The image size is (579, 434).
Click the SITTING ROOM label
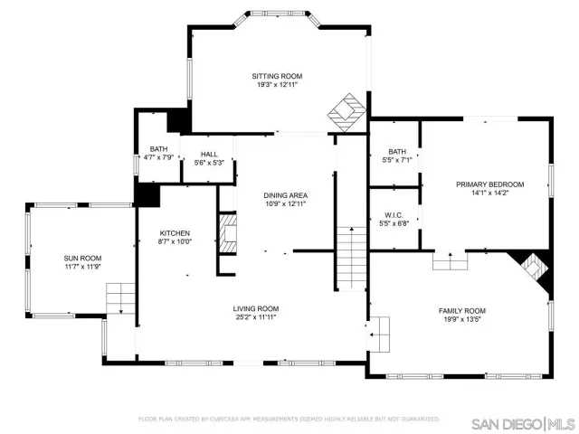point(277,76)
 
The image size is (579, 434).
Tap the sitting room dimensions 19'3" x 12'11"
point(277,85)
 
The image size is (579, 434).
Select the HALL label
point(209,154)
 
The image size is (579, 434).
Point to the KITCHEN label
point(175,232)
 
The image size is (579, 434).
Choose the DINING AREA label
point(285,195)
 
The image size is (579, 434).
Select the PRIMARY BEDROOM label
point(489,184)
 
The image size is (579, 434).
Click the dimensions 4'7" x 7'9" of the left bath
point(158,157)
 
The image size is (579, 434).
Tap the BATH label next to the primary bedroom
point(396,151)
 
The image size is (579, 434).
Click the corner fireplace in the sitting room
point(345,111)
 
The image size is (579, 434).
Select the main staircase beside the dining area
point(350,257)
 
